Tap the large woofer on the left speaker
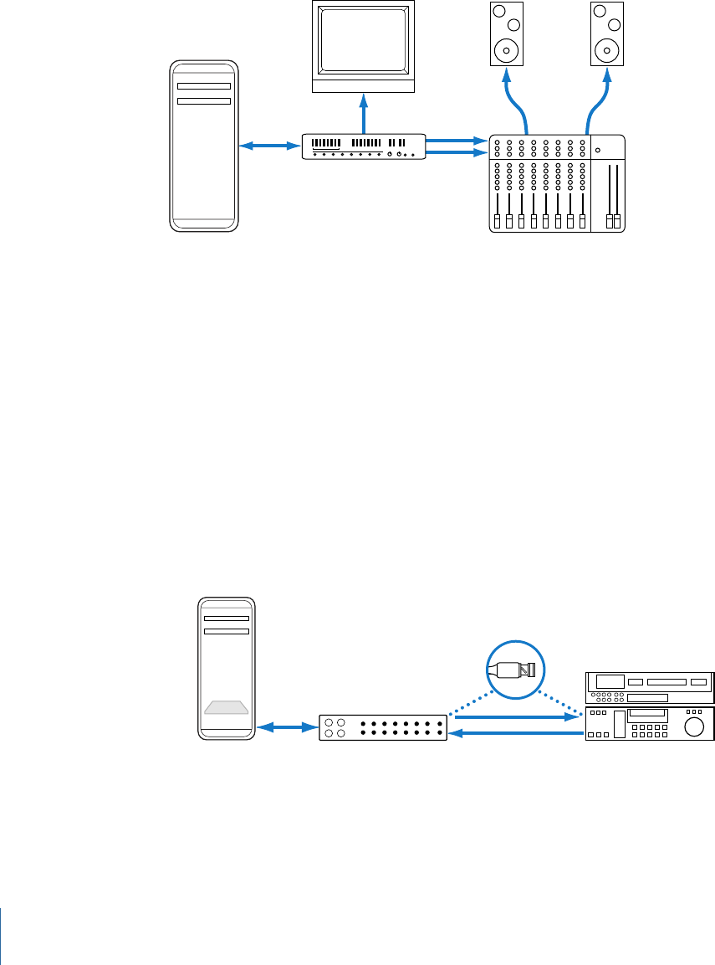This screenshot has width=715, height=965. [x=505, y=50]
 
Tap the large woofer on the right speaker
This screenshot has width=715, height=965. [x=606, y=50]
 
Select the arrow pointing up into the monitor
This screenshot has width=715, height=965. [x=363, y=113]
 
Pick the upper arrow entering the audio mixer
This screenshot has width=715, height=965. [x=457, y=140]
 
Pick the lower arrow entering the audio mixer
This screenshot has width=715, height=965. [x=457, y=153]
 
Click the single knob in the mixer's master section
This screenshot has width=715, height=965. [x=597, y=151]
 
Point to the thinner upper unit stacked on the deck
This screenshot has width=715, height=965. [x=649, y=687]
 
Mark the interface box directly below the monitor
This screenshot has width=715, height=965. [x=364, y=146]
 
